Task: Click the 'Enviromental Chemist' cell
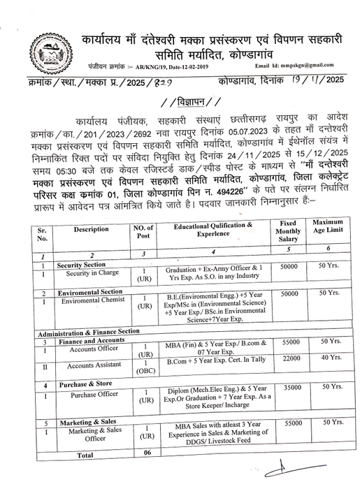point(87,301)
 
